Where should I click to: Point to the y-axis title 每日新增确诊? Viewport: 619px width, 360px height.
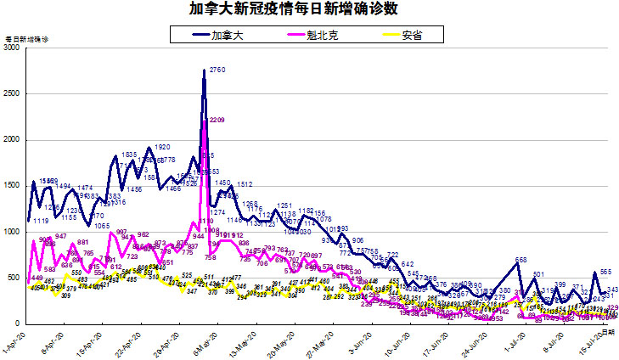tap(26, 40)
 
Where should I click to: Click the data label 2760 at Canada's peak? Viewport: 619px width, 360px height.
tap(217, 70)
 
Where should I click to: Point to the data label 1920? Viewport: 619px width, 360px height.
tap(163, 147)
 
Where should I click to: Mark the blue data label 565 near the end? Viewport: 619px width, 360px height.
tap(606, 272)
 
